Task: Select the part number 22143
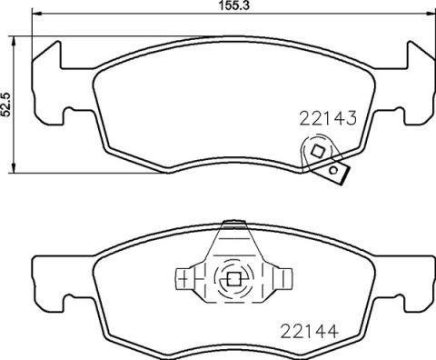325,117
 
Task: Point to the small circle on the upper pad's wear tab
336,169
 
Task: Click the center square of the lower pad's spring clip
232,280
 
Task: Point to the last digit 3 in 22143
348,117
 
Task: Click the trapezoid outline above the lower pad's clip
231,241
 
